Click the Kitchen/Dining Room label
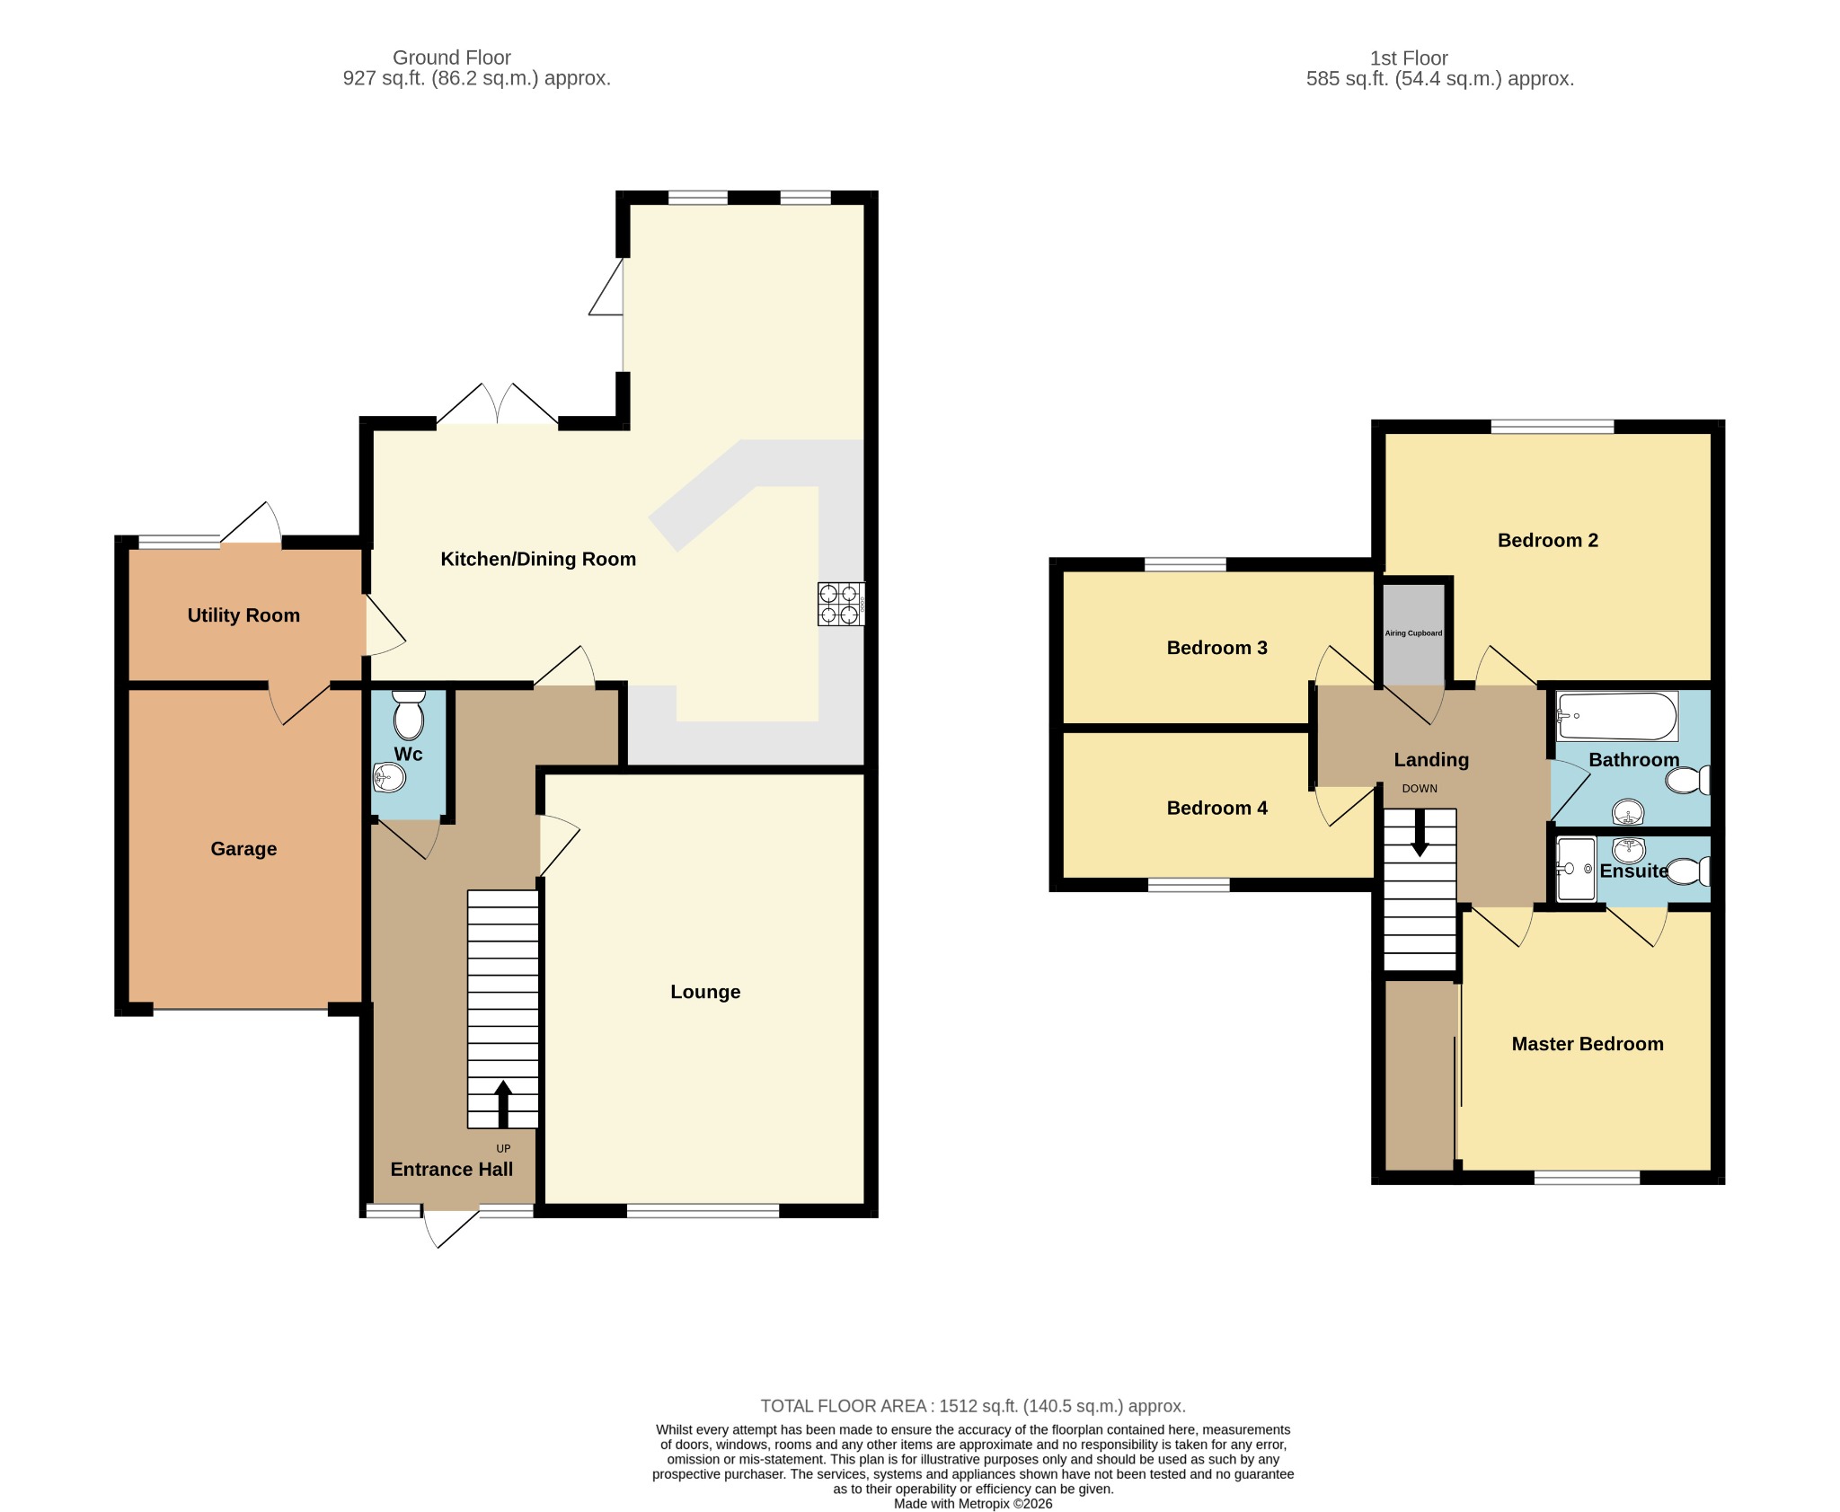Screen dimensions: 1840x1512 (538, 559)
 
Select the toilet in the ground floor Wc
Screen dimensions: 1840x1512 (409, 714)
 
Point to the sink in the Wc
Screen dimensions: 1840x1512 (389, 777)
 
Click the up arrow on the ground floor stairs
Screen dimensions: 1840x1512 (503, 1103)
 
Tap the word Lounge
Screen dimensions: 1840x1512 (705, 992)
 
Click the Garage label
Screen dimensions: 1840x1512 (243, 849)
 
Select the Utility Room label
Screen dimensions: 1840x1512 (243, 615)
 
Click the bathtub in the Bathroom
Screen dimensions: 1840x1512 (1617, 716)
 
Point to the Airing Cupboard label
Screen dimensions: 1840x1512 (1413, 633)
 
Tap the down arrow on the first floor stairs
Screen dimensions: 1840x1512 (1420, 833)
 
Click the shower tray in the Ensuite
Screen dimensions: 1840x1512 (1576, 869)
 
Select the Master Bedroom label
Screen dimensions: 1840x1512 (1588, 1044)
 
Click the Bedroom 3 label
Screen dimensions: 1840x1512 (1216, 648)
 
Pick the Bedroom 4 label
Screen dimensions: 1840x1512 (1216, 808)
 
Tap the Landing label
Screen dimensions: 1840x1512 (1431, 760)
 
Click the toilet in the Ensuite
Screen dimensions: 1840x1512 (1688, 871)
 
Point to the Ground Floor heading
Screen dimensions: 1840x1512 (452, 57)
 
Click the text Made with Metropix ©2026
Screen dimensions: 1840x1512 (973, 1504)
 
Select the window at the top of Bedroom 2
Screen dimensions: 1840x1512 (1552, 427)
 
